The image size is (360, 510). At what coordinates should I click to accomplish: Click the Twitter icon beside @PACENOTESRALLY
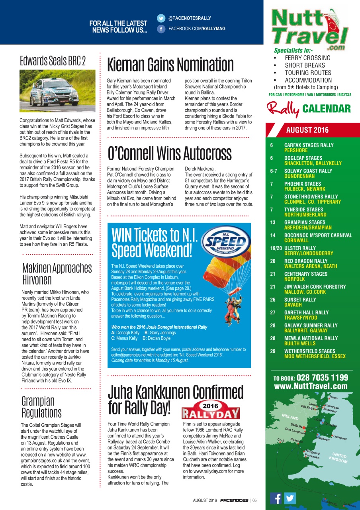(x=161, y=18)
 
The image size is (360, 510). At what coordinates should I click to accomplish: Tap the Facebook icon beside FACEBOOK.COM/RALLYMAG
(x=161, y=29)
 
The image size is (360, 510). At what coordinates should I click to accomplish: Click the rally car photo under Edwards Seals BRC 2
(x=57, y=91)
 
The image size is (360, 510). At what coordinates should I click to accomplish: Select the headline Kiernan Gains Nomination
(x=170, y=65)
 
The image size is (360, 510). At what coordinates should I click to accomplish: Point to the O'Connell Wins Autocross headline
(x=169, y=153)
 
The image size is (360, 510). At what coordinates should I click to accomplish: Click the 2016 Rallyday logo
(x=211, y=410)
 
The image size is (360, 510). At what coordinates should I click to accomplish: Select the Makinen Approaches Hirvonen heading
(x=57, y=273)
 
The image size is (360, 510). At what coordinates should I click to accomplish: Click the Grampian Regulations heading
(x=41, y=406)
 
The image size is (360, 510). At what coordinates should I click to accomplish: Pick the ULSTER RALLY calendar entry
(x=300, y=248)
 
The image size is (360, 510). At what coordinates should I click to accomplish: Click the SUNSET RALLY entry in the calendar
(x=300, y=300)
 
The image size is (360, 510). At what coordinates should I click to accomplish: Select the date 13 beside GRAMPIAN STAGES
(x=272, y=223)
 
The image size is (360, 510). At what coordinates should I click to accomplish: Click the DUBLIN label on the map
(x=297, y=425)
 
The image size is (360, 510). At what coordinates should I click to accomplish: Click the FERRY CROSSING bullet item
(x=307, y=58)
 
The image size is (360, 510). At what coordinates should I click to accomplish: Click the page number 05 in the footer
(x=254, y=500)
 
